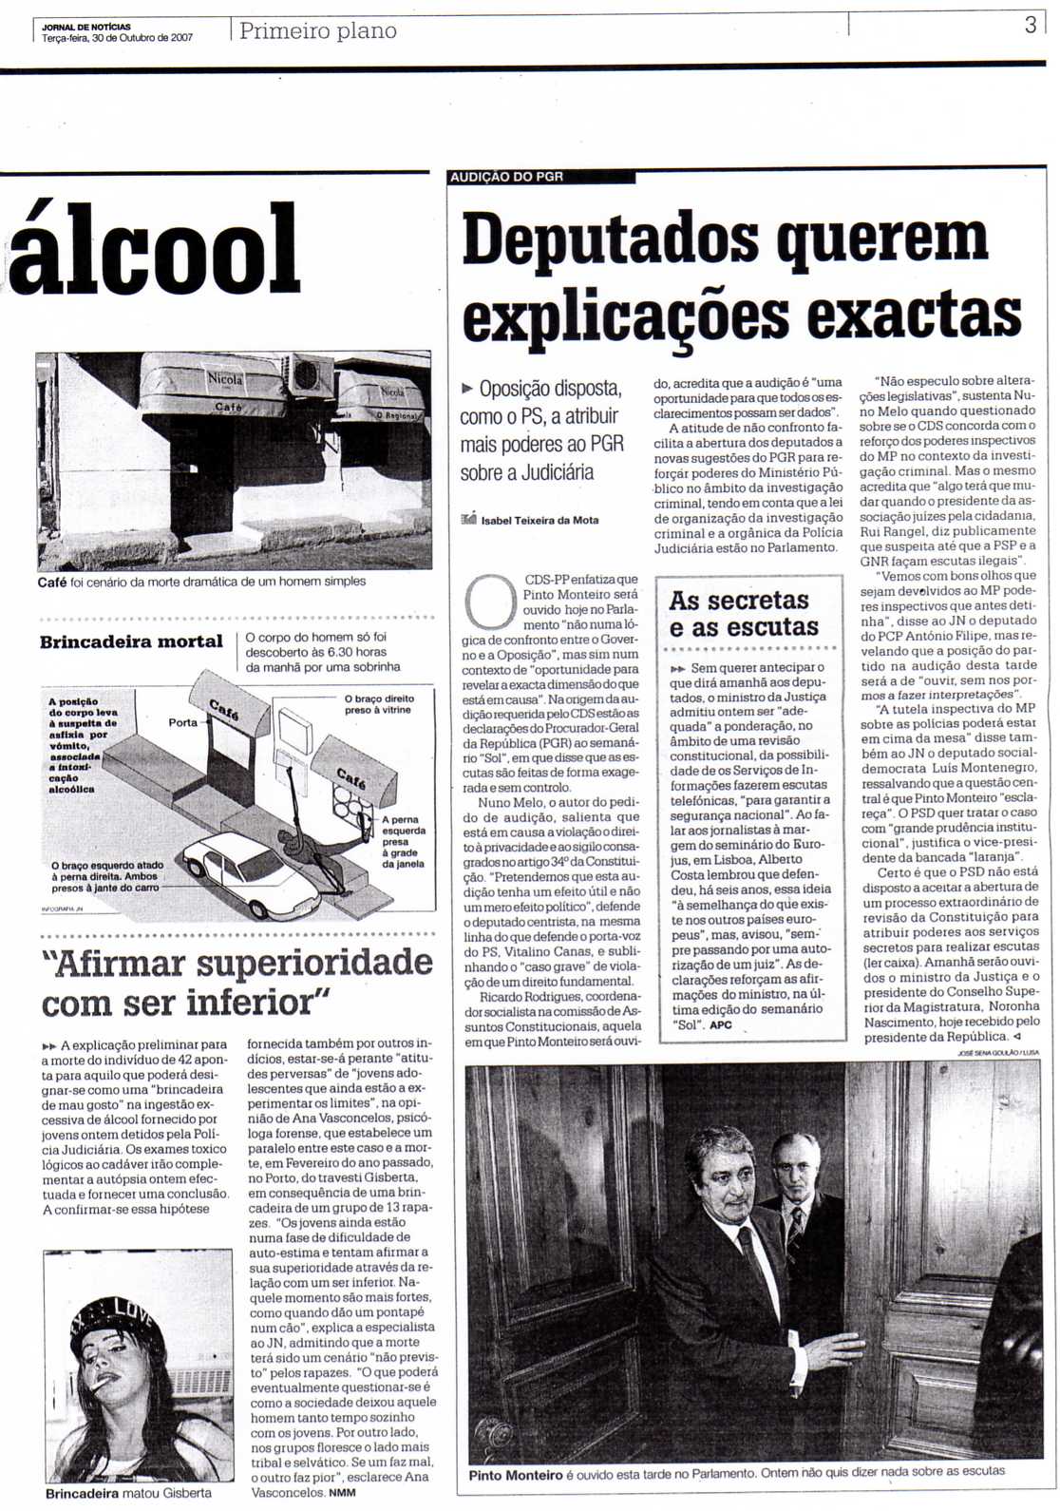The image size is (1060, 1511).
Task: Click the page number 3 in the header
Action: (1030, 26)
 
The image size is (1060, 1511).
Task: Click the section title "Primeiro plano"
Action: (318, 30)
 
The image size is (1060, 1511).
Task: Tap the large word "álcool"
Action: (155, 249)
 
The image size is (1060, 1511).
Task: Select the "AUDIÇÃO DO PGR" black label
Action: (507, 177)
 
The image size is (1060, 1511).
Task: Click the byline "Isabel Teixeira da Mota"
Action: (539, 520)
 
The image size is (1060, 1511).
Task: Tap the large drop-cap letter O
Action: (489, 601)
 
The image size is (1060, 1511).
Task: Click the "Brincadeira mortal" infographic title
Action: (131, 642)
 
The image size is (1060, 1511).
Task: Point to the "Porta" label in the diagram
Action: (183, 722)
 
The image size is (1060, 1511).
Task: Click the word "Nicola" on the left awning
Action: (226, 378)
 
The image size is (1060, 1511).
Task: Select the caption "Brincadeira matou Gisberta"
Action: (128, 1493)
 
